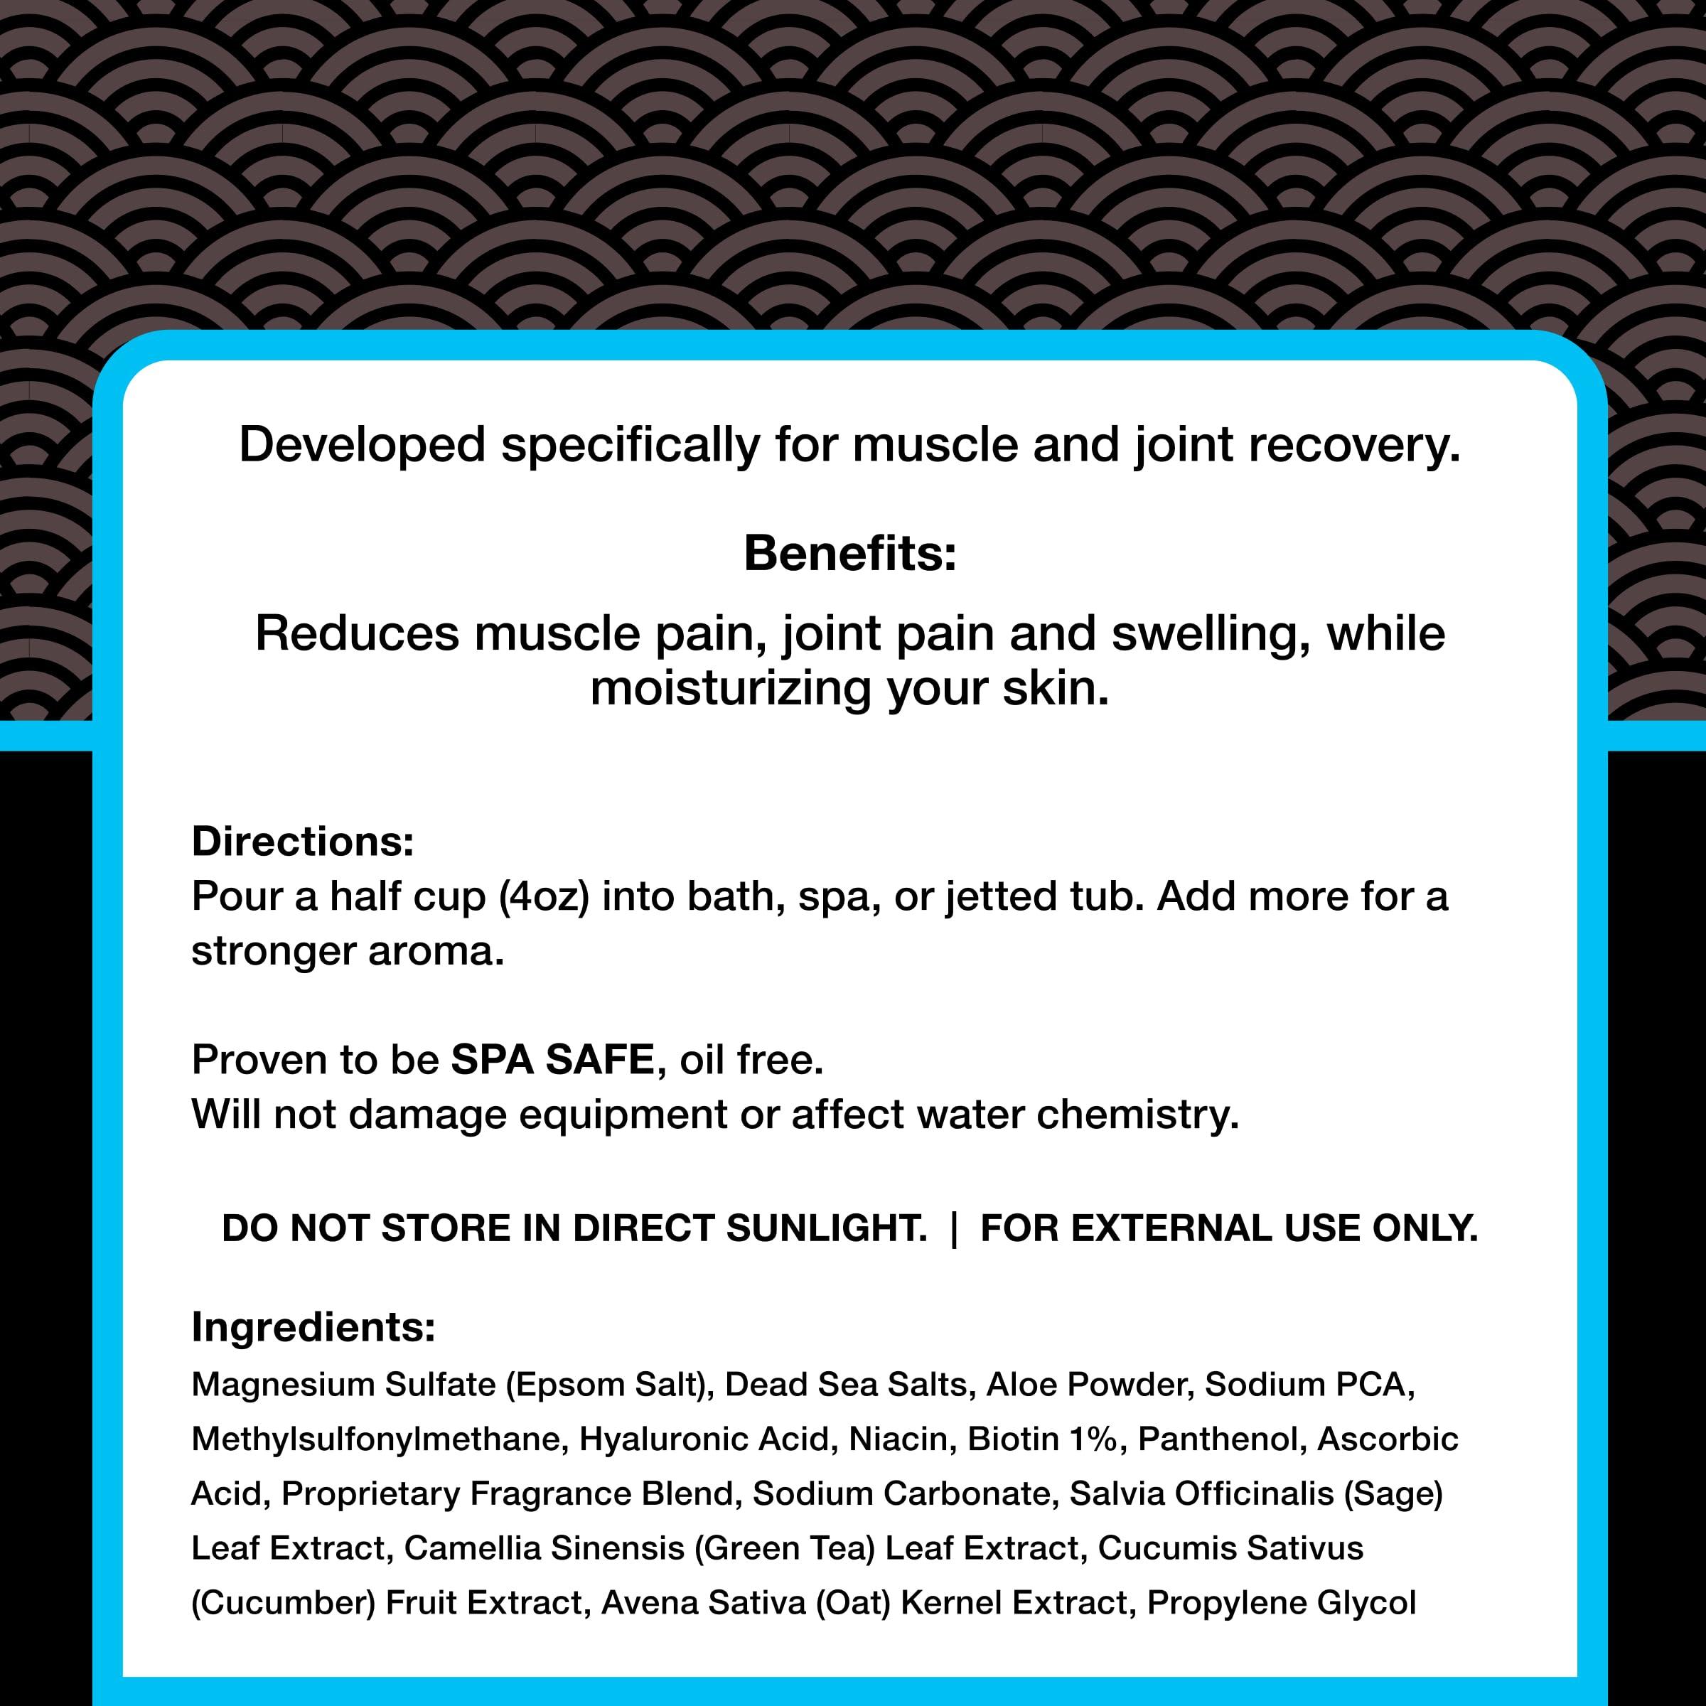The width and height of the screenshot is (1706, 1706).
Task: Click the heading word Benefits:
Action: (849, 554)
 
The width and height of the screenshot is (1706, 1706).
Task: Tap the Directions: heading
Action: (303, 842)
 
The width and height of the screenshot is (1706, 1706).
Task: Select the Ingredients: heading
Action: (313, 1327)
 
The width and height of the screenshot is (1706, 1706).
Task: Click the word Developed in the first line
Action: (362, 444)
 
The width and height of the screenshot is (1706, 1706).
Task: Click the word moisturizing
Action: (730, 688)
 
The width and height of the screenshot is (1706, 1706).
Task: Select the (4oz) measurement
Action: (543, 897)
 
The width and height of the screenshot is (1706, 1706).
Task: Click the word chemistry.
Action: (1137, 1115)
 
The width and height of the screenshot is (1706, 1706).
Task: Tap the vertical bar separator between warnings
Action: (954, 1228)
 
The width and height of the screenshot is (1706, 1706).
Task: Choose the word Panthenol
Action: (1221, 1439)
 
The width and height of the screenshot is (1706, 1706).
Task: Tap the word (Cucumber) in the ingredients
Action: (284, 1603)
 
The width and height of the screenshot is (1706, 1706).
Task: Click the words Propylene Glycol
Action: (1281, 1603)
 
